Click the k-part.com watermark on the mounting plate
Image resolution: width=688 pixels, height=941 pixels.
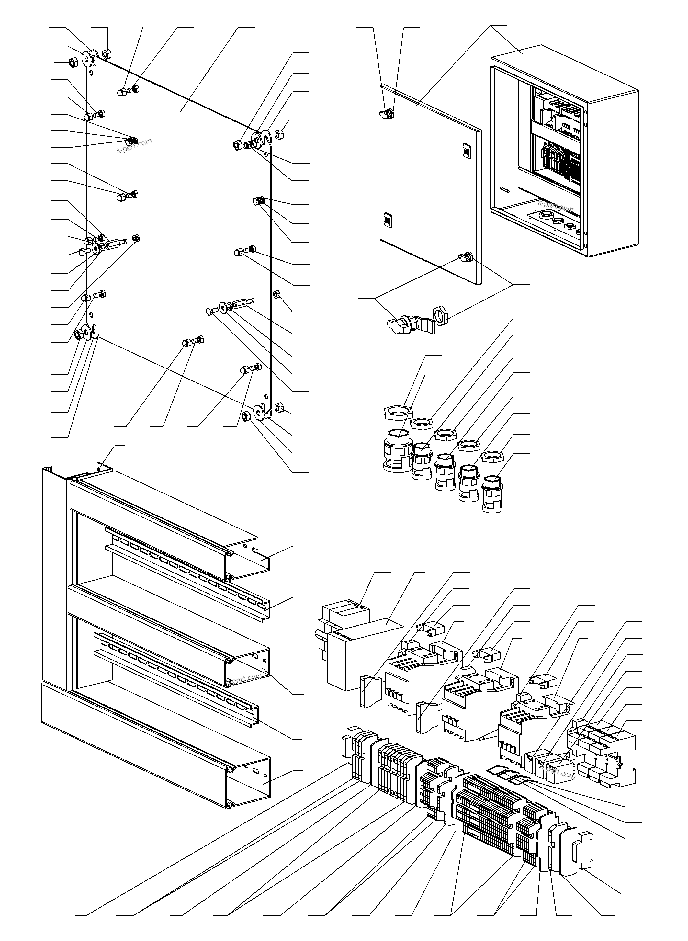click(134, 145)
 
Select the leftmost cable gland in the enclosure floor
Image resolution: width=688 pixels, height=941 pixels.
click(545, 215)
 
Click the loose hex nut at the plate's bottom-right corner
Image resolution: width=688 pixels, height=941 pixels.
click(280, 407)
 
